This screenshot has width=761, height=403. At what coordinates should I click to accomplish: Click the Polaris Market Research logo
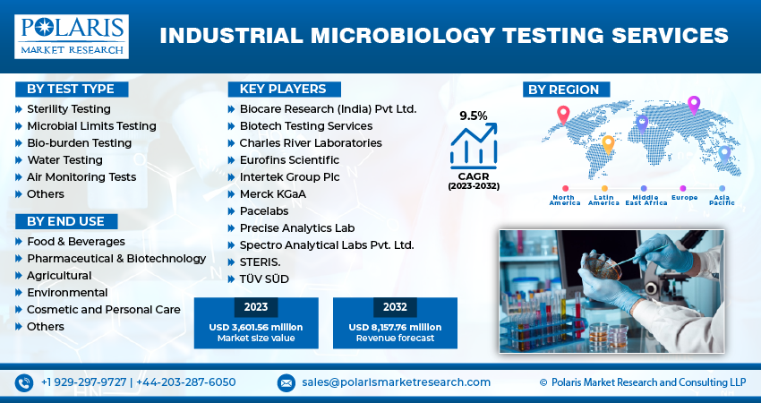click(x=71, y=36)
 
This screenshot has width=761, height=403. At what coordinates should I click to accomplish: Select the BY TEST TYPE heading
click(x=71, y=89)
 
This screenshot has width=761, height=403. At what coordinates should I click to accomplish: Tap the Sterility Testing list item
click(x=68, y=108)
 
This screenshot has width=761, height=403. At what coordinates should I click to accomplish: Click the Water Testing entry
click(x=64, y=159)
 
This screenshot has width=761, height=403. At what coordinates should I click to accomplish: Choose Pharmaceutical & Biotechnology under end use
click(x=115, y=258)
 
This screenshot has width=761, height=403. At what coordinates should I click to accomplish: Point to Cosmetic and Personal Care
click(x=103, y=309)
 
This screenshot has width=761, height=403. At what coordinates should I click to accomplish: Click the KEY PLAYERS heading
click(x=283, y=89)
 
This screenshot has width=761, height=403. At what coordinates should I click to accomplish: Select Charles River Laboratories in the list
click(x=310, y=142)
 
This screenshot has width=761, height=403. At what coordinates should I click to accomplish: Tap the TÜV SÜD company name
click(x=264, y=279)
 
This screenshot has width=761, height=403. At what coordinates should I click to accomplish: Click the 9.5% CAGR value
click(x=474, y=116)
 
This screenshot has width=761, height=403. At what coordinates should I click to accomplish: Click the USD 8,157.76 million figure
click(x=395, y=327)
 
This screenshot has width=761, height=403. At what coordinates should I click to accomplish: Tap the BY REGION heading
click(x=567, y=89)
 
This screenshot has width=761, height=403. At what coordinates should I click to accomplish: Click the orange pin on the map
click(x=608, y=143)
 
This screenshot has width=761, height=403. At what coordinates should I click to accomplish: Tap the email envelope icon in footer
click(x=286, y=382)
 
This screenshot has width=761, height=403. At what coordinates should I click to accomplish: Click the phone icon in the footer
click(x=24, y=382)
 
